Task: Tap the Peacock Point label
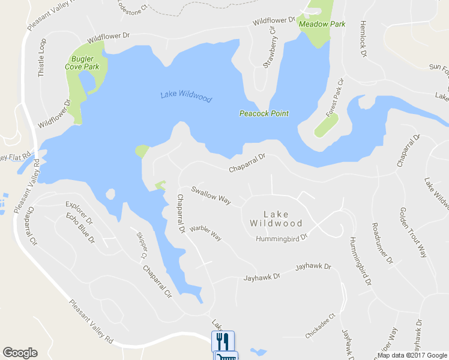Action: click(x=264, y=113)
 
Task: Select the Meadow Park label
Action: click(x=322, y=25)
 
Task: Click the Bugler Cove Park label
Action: click(x=82, y=63)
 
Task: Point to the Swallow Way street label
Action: click(x=211, y=196)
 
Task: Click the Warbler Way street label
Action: click(x=205, y=233)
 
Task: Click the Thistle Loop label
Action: click(x=42, y=58)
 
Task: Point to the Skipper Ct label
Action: click(x=142, y=245)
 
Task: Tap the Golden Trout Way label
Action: click(x=412, y=232)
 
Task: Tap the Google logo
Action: click(x=20, y=353)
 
